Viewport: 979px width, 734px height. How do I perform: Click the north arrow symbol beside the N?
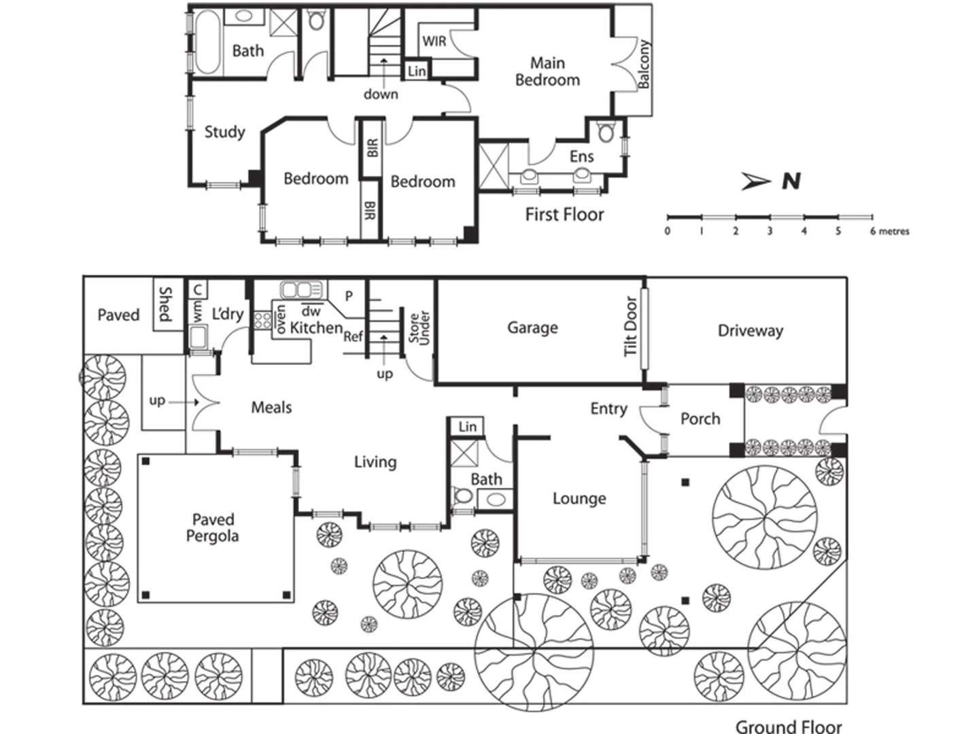point(755,181)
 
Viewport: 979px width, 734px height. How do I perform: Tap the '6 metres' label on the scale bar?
point(889,231)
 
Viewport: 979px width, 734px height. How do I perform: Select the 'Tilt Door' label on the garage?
point(631,326)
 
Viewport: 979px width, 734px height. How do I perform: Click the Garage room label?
point(532,328)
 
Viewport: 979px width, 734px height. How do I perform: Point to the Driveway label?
point(750,331)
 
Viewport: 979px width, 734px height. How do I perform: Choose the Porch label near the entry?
point(700,419)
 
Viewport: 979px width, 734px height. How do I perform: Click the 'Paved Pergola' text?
point(213,528)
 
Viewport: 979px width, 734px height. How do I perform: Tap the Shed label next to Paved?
point(165,304)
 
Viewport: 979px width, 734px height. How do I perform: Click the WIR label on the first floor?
point(434,41)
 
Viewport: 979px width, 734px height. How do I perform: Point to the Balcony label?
point(643,64)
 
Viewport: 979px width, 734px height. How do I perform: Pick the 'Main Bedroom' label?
point(547,71)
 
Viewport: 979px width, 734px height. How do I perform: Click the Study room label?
point(224,132)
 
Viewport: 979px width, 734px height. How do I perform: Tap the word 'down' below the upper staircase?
point(381,94)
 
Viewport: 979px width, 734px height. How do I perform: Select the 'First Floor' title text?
point(564,215)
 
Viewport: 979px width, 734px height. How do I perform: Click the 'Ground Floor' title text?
point(788,727)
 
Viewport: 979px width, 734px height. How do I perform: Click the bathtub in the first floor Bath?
point(207,42)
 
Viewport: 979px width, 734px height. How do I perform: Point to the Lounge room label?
point(579,499)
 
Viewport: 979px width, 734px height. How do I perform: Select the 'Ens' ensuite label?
point(581,156)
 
